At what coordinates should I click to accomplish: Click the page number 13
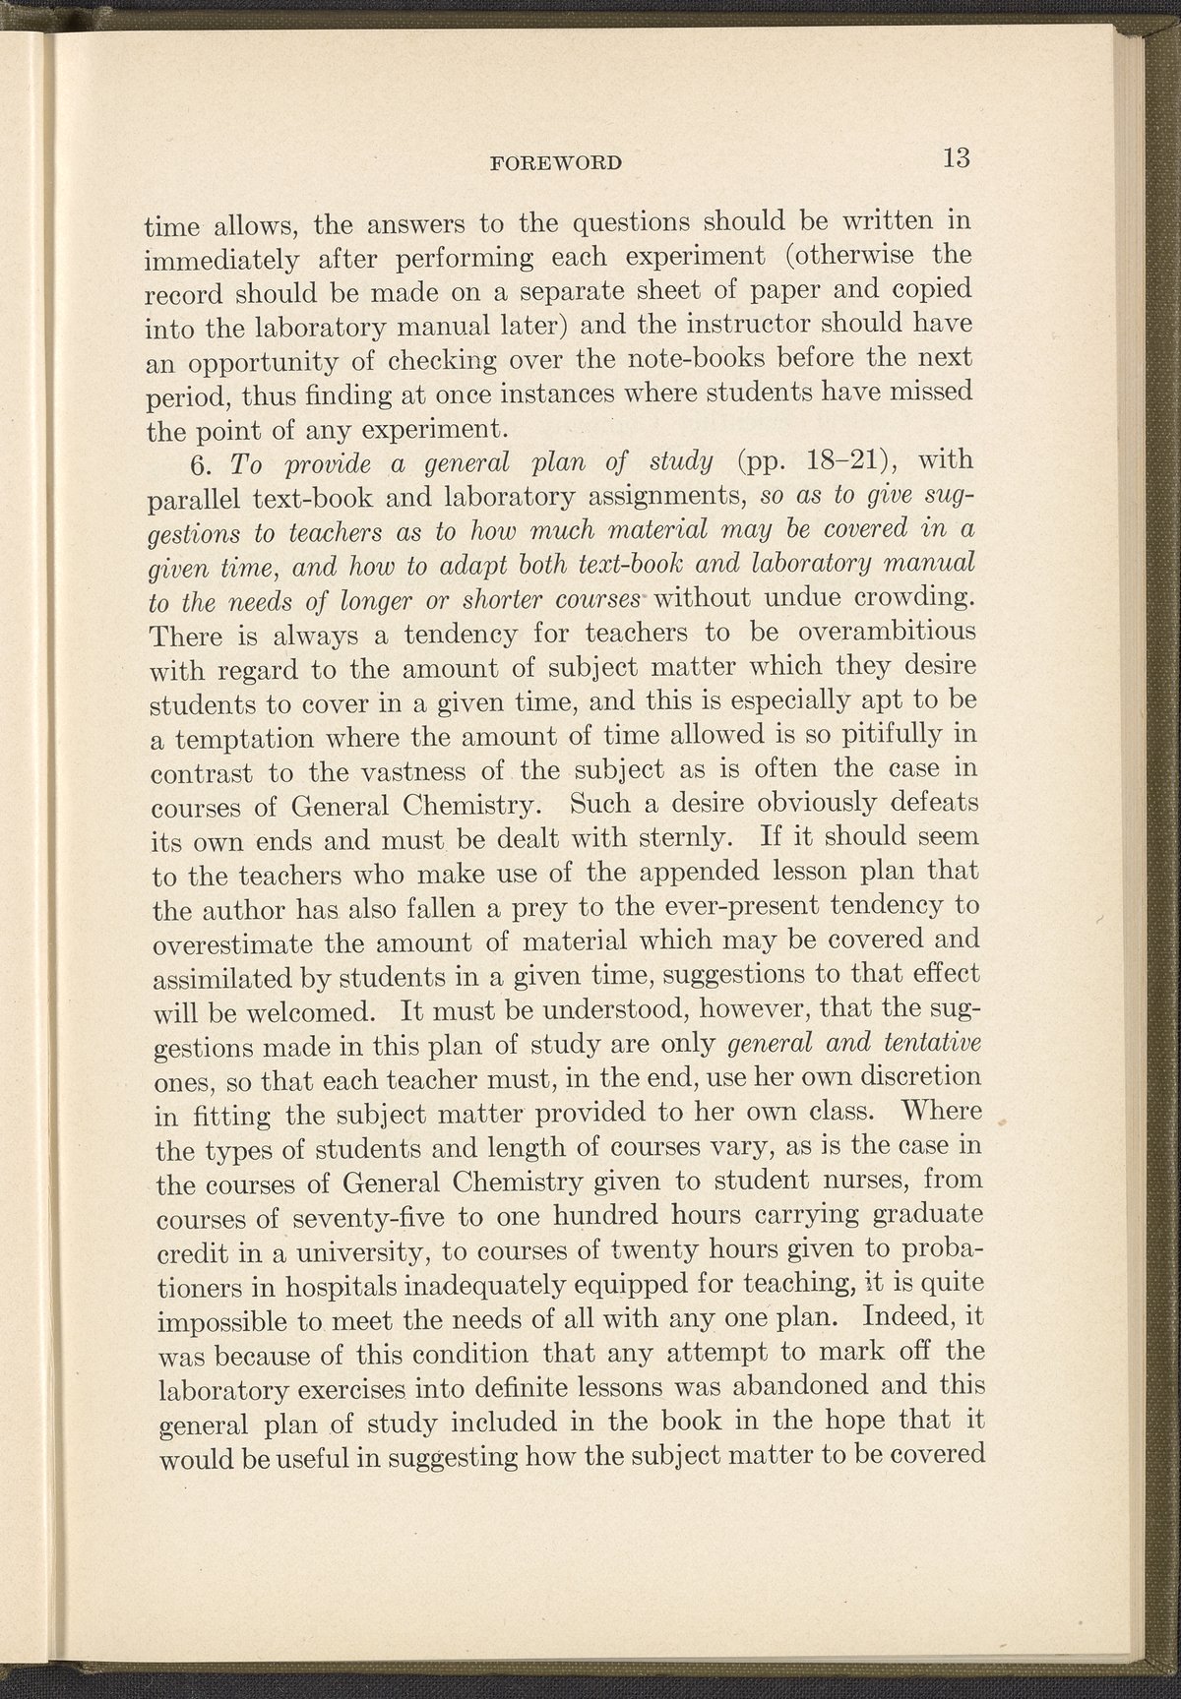(x=956, y=157)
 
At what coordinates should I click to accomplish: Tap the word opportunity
(x=259, y=364)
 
